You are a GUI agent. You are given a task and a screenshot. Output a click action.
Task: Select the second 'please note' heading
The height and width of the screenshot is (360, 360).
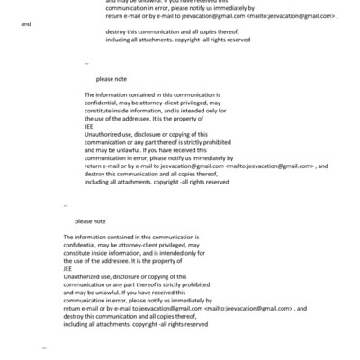tap(90, 220)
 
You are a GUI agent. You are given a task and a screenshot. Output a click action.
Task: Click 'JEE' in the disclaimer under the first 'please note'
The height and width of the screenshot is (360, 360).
tap(88, 127)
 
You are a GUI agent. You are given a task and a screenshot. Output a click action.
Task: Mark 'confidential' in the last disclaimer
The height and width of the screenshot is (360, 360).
tap(81, 244)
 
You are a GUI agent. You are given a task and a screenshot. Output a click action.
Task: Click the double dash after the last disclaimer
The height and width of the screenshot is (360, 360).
tap(45, 346)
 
